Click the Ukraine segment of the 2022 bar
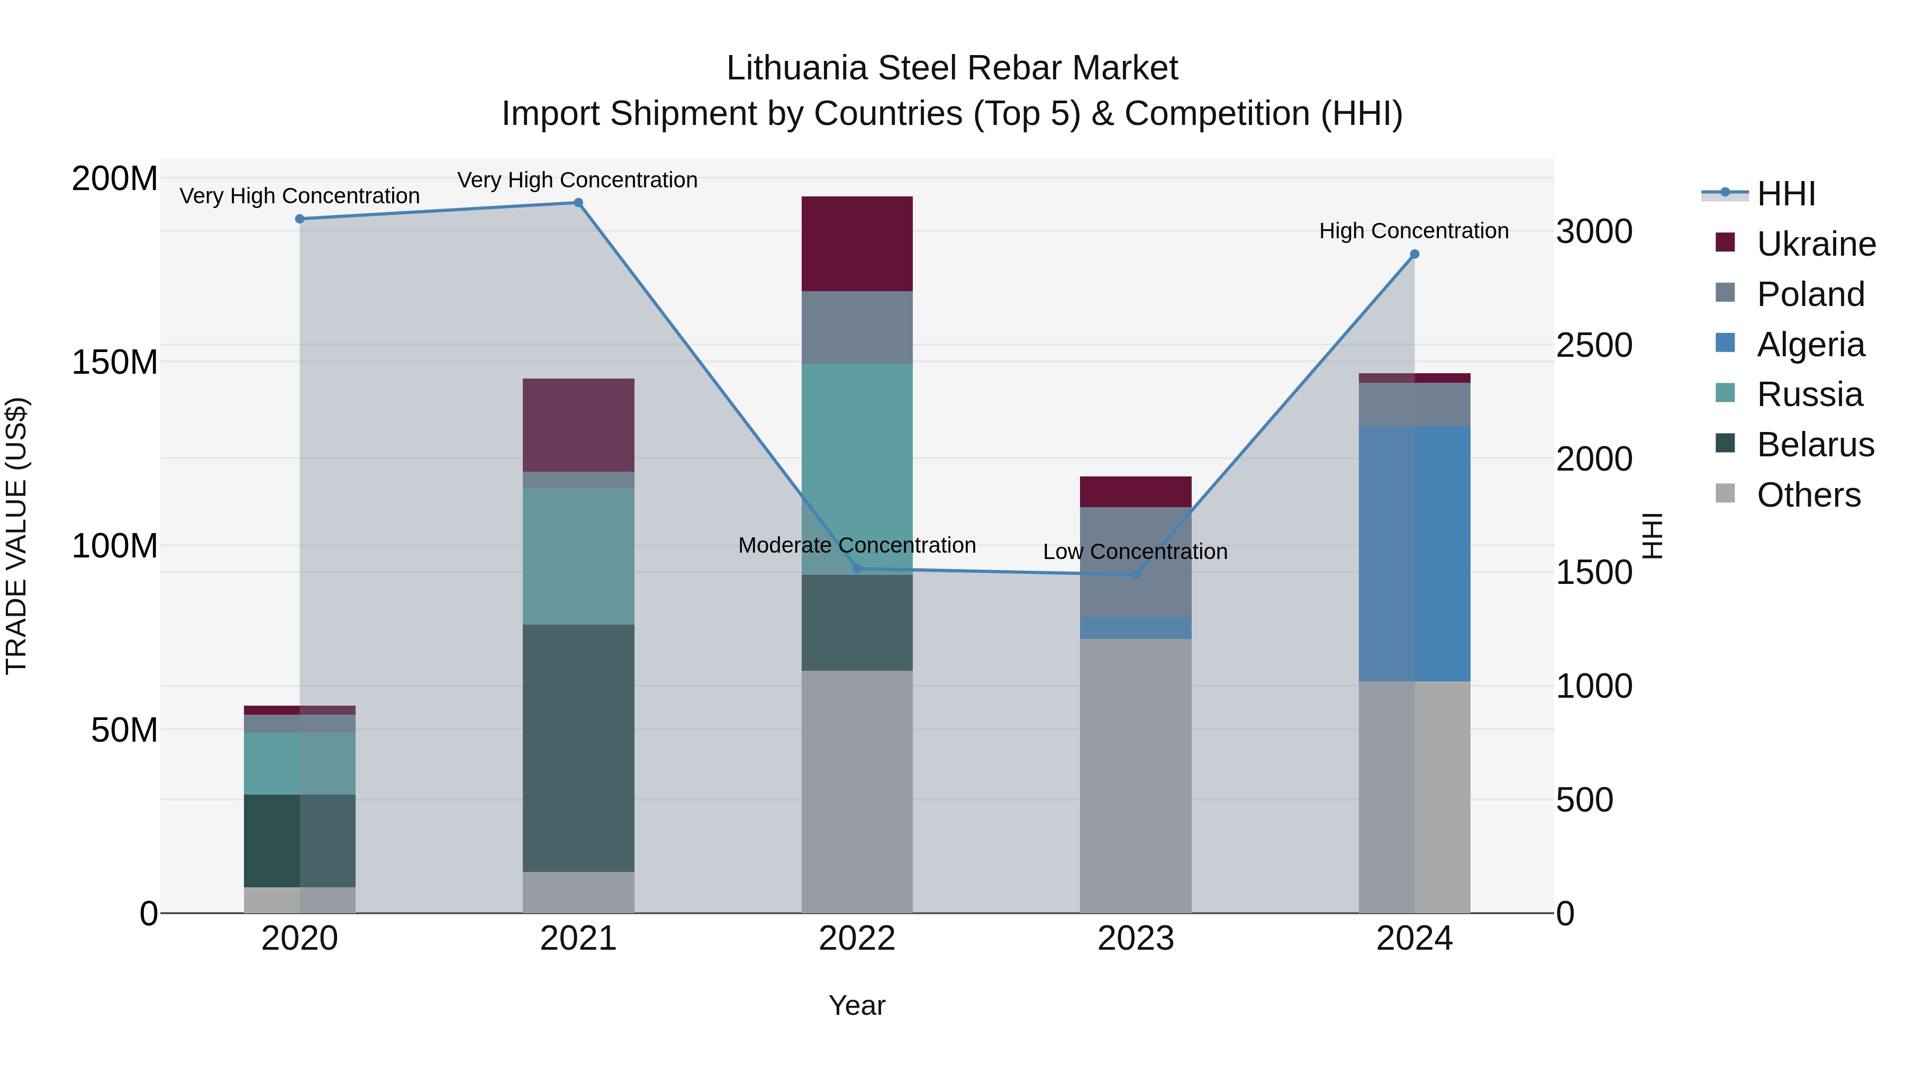tap(857, 244)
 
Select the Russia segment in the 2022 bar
tap(857, 469)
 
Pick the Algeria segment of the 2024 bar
tap(1414, 553)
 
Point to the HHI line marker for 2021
tap(578, 203)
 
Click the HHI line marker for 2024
tap(1414, 255)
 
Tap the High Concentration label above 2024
tap(1413, 231)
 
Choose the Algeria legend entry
tap(1810, 345)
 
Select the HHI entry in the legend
tap(1785, 194)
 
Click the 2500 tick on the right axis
tap(1594, 346)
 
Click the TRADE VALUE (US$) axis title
tap(17, 536)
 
